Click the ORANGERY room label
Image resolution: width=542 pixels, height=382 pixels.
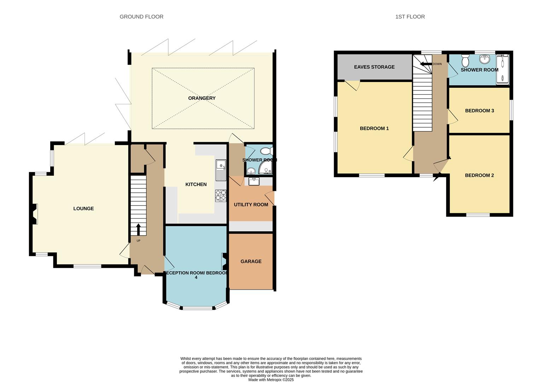(202, 98)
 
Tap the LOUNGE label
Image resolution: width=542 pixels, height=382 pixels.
(83, 208)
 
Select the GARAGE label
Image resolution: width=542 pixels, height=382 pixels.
(251, 261)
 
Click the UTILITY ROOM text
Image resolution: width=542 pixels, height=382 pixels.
(251, 204)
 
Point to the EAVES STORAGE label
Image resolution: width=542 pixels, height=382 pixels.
(374, 67)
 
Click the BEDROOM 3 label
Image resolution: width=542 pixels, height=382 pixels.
(479, 111)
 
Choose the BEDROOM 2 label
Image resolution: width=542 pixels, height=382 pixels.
(479, 175)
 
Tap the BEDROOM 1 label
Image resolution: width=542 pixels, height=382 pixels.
(374, 128)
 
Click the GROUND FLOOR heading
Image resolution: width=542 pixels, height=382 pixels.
(141, 17)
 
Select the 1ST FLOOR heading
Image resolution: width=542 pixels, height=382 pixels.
(410, 17)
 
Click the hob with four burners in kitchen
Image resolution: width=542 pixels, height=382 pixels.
(221, 196)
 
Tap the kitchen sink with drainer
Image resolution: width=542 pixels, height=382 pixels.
(221, 170)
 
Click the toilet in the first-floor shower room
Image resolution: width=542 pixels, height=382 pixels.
(465, 61)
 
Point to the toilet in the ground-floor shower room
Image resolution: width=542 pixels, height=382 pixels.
(266, 151)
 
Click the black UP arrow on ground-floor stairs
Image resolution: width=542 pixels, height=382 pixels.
(138, 229)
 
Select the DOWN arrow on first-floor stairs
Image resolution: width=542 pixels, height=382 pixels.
(426, 64)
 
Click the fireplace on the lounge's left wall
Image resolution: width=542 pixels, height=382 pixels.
(34, 214)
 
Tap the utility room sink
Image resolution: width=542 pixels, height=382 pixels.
(254, 181)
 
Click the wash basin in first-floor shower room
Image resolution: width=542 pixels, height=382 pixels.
(484, 59)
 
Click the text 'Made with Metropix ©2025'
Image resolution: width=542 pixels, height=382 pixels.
(271, 380)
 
